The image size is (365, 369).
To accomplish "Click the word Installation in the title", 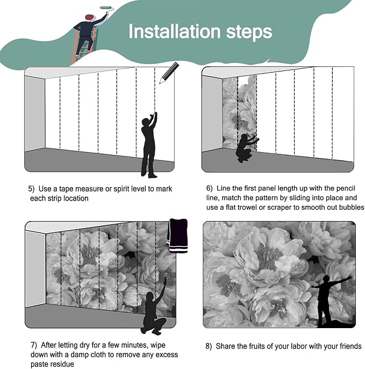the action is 174,31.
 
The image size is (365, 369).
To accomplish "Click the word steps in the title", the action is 249,33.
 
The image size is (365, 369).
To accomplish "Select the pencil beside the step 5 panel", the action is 169,73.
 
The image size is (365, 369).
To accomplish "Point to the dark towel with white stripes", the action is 177,236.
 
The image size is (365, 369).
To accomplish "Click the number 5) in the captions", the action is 31,189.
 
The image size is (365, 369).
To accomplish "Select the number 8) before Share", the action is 209,346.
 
